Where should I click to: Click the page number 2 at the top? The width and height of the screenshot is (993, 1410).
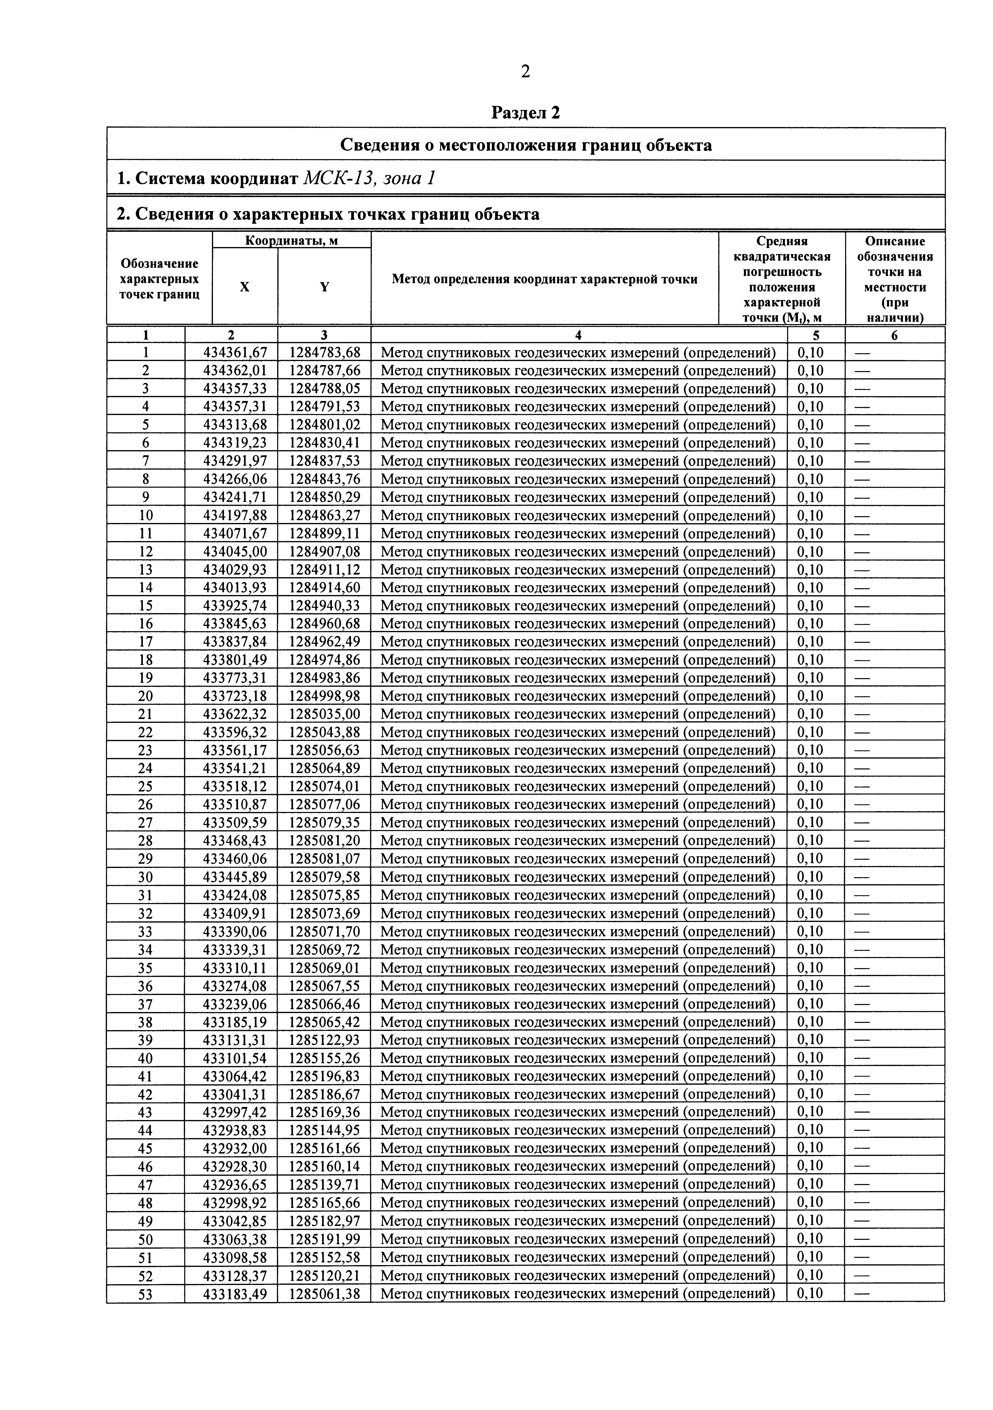[525, 72]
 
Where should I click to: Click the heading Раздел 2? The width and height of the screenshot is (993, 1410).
[526, 113]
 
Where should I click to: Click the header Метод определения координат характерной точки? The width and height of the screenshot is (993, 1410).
[544, 279]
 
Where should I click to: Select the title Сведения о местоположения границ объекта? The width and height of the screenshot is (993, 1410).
[526, 145]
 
